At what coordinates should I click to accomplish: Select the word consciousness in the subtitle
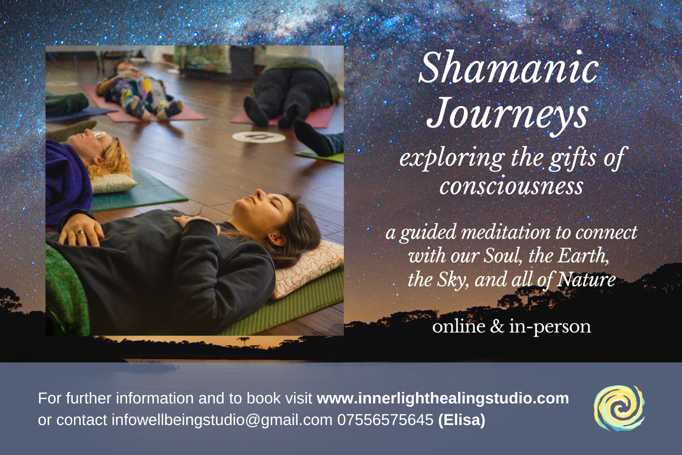(511, 186)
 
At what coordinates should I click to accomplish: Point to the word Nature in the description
(587, 279)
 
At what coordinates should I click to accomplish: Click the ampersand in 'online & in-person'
(497, 326)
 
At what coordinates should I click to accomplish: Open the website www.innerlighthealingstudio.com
(443, 398)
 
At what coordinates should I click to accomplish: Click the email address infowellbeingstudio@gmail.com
(222, 420)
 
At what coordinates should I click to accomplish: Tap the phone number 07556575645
(385, 420)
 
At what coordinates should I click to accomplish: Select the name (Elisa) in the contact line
(462, 420)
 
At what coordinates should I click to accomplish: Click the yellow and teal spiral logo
(619, 408)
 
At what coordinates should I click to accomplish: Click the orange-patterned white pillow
(308, 268)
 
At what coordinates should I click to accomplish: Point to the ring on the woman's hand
(80, 232)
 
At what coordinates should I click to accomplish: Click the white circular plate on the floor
(259, 137)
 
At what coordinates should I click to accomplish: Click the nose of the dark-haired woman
(258, 195)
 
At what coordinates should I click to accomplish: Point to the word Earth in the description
(583, 256)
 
